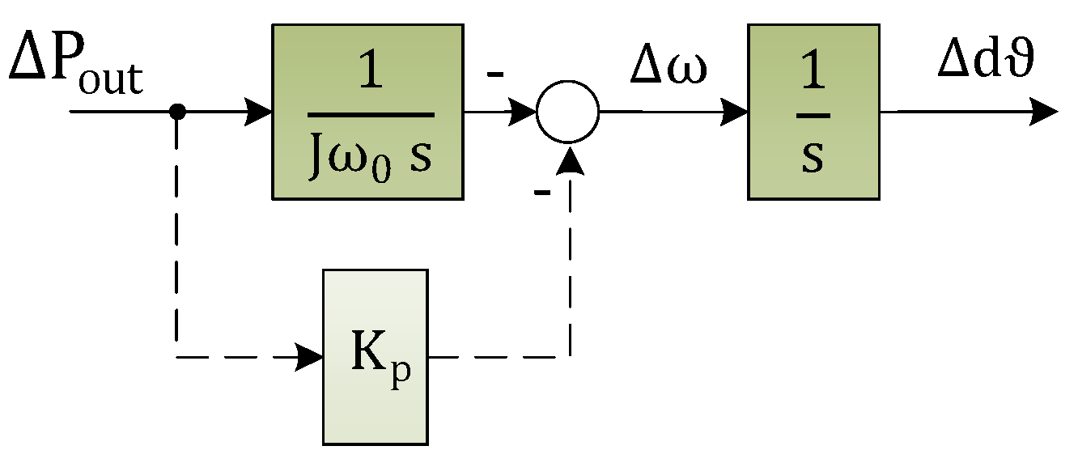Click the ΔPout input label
[x=75, y=66]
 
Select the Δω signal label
[x=668, y=69]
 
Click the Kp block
[x=375, y=356]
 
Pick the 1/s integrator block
[x=813, y=111]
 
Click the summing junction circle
[x=568, y=112]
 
